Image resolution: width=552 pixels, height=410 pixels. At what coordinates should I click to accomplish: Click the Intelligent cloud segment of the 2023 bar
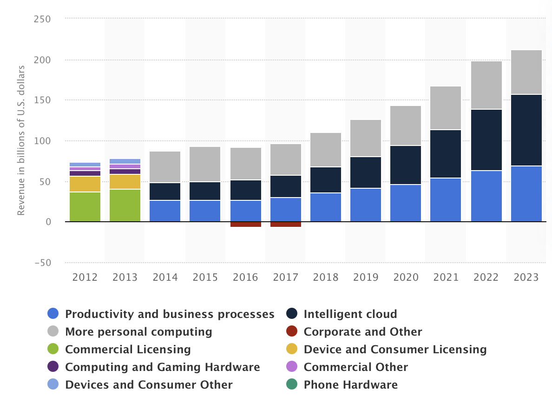[526, 130]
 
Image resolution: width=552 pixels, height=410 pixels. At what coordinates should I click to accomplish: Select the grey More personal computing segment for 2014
[165, 167]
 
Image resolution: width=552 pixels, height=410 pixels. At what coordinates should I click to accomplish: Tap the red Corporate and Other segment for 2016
[245, 225]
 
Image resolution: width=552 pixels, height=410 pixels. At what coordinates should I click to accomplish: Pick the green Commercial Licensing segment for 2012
[85, 207]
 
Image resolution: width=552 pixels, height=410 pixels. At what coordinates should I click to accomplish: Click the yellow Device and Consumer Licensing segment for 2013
[125, 182]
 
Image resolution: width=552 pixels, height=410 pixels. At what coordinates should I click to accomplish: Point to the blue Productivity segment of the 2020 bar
[406, 203]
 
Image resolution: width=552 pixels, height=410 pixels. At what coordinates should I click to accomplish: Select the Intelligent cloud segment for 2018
[326, 180]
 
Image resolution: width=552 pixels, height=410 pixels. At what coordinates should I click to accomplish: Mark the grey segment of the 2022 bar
[486, 86]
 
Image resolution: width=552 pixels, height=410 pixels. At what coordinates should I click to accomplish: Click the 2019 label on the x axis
[366, 278]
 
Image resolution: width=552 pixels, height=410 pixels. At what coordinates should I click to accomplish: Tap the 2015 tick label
[205, 278]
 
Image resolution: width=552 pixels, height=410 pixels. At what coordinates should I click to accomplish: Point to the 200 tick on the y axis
[42, 60]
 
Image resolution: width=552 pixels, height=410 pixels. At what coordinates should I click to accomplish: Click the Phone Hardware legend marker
[291, 385]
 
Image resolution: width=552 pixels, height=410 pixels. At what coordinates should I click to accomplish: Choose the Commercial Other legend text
[355, 367]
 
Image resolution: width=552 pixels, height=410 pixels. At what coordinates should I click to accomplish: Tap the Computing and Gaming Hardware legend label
[162, 367]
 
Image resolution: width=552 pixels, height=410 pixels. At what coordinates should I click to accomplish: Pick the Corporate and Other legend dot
[291, 332]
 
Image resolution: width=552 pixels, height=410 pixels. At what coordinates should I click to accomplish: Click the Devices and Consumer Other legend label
[149, 385]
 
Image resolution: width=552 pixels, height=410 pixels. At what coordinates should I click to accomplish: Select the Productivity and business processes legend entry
[170, 314]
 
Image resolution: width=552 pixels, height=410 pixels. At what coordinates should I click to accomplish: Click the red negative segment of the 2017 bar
[285, 225]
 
